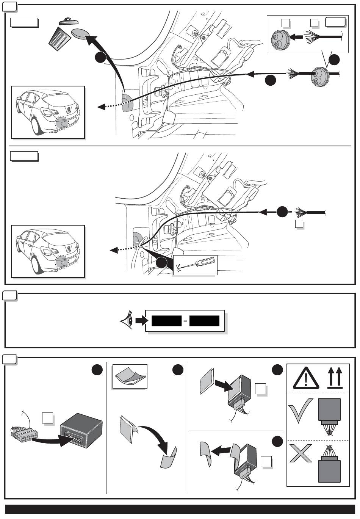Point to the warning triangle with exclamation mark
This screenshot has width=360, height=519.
tap(305, 378)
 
